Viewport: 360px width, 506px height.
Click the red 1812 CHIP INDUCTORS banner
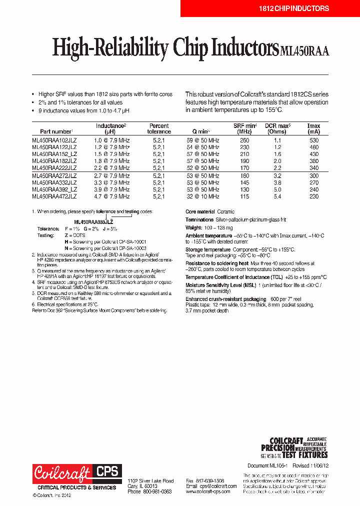pos(294,8)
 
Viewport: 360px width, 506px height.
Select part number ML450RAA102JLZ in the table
pos(54,140)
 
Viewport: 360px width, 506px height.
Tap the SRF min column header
pos(245,128)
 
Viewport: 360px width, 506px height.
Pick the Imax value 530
pos(313,140)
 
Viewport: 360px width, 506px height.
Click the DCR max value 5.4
pos(277,196)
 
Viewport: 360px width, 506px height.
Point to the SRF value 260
pos(244,140)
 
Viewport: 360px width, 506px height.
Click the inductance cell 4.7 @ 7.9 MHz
pos(111,196)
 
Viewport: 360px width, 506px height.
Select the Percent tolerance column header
pos(159,128)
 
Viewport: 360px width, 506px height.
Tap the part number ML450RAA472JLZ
pos(54,196)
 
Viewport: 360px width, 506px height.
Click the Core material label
pos(200,211)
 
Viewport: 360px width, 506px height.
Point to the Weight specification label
pos(194,227)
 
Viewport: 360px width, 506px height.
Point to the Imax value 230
pos(313,196)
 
